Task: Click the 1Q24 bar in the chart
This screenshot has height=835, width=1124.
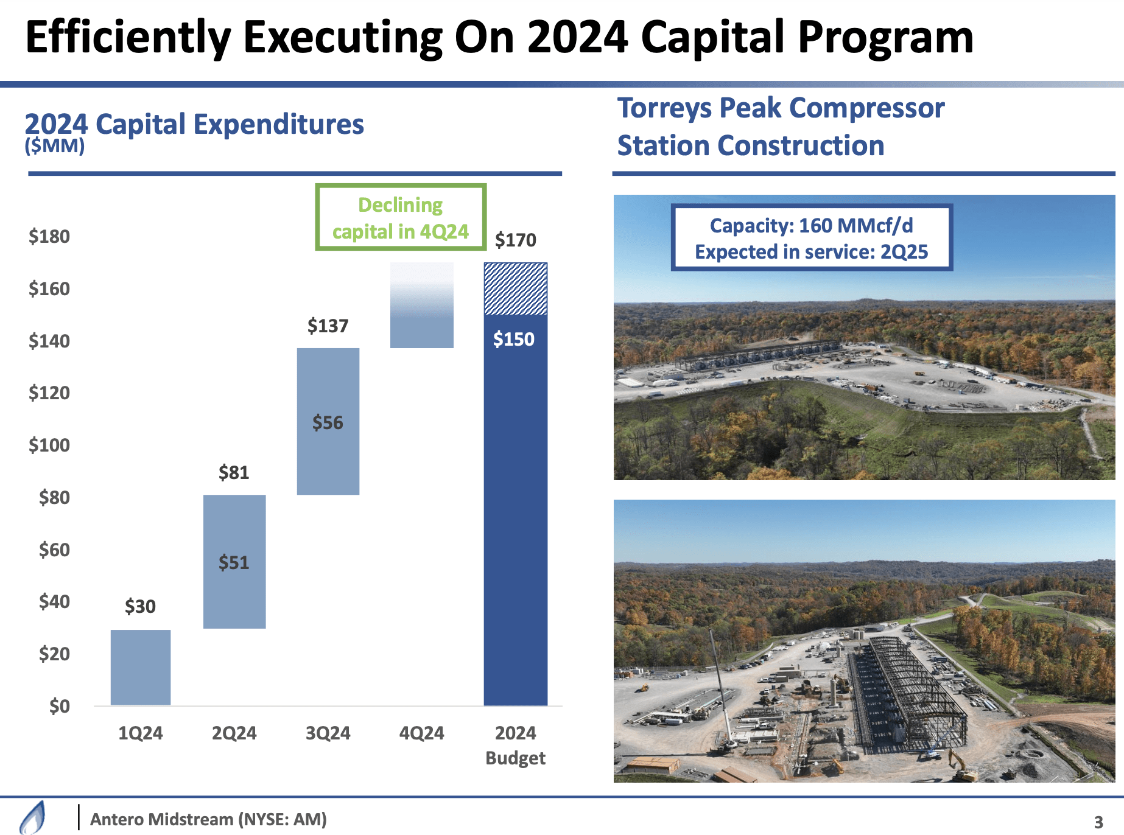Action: click(x=140, y=668)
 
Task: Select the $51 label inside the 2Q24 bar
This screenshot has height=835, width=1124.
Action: click(x=234, y=562)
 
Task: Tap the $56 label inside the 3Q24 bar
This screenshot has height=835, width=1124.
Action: click(x=328, y=422)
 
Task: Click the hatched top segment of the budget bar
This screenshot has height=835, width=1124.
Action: click(x=515, y=288)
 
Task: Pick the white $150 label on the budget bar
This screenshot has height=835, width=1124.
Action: click(x=513, y=339)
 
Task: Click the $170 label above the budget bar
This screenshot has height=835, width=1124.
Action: click(x=515, y=240)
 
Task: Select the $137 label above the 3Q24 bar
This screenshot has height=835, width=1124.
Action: click(x=328, y=326)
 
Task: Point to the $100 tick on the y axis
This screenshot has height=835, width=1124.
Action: click(x=49, y=445)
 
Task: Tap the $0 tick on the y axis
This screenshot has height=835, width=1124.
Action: click(x=59, y=706)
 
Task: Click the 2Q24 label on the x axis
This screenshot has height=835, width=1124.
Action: click(x=234, y=733)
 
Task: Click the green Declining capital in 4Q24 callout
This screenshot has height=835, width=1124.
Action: click(x=400, y=217)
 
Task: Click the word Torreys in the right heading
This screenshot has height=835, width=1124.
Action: click(x=664, y=108)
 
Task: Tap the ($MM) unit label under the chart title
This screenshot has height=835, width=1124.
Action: click(x=54, y=146)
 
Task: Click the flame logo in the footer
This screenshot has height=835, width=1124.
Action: click(x=33, y=817)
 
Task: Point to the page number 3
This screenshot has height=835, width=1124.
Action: click(x=1098, y=822)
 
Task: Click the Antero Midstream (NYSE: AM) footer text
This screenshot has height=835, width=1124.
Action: click(x=208, y=819)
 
